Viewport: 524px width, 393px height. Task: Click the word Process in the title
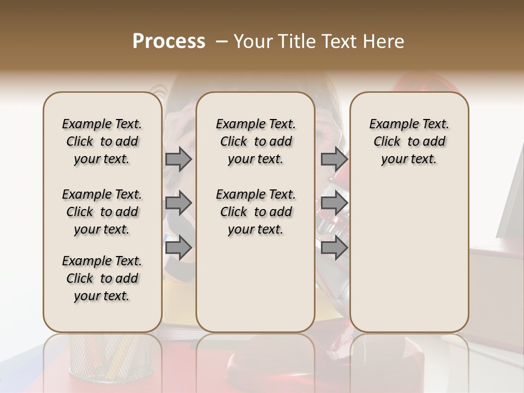point(169,41)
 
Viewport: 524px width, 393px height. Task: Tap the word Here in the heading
point(384,41)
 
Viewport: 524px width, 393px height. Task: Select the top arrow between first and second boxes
point(178,159)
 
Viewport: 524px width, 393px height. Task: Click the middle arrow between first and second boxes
point(178,203)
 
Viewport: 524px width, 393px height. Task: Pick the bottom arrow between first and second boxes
point(178,247)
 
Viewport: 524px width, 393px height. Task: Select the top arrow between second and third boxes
point(334,159)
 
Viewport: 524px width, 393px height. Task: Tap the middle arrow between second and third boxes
point(334,203)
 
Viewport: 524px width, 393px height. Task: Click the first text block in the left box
point(102,141)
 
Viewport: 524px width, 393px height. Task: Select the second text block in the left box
point(102,212)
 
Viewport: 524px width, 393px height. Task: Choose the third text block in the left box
point(102,278)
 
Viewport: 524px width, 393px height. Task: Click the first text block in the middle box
point(256,141)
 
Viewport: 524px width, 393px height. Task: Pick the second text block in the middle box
point(256,212)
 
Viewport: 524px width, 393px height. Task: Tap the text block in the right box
point(409,141)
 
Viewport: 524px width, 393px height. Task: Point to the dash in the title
point(221,41)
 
